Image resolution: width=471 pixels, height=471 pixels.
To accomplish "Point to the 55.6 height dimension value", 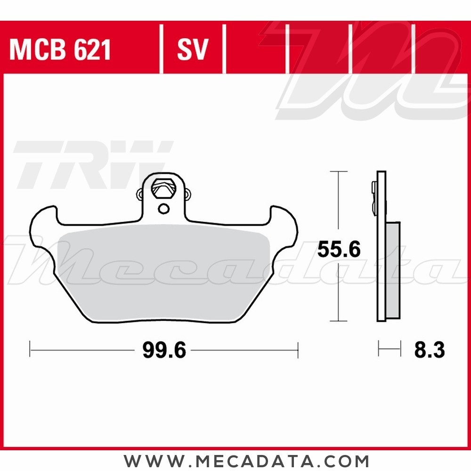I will [339, 250].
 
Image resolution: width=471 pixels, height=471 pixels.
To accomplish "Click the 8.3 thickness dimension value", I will [429, 350].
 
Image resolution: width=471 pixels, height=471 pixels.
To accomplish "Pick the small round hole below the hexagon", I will [163, 209].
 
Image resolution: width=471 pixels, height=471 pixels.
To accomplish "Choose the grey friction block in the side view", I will [393, 271].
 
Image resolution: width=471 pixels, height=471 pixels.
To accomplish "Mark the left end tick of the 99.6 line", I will [30, 350].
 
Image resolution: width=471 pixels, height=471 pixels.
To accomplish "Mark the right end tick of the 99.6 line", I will [298, 350].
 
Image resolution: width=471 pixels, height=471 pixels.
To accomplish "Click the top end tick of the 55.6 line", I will [335, 172].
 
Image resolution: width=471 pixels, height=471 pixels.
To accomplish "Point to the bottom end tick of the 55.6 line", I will [335, 322].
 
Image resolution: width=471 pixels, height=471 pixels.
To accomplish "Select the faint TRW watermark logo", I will [89, 162].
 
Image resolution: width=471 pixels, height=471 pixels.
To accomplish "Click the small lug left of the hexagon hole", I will [140, 194].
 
